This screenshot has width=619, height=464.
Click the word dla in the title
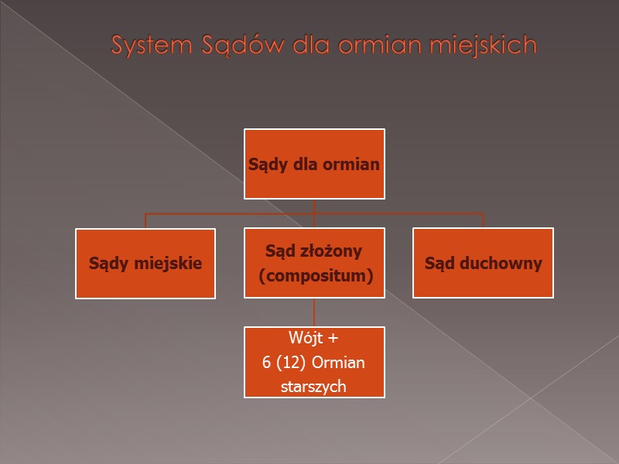[306, 46]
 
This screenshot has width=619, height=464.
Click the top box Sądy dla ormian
[314, 164]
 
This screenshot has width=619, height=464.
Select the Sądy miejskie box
[145, 263]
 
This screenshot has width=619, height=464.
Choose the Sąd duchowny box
[483, 263]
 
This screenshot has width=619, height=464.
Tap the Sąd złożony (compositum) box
[314, 263]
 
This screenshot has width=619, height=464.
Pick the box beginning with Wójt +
[314, 362]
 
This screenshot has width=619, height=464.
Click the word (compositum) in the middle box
[315, 275]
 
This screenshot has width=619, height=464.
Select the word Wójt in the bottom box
[303, 338]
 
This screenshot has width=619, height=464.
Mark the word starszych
[314, 386]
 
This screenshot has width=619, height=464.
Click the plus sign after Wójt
[333, 338]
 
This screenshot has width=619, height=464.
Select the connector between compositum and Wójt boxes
[314, 312]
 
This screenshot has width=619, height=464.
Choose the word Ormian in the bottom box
[344, 362]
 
